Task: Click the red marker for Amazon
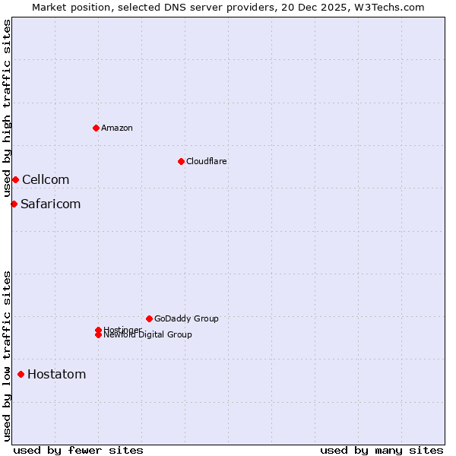click(x=96, y=128)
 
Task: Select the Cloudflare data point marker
click(x=181, y=161)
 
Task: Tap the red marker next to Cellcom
click(x=15, y=179)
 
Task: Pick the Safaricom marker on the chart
click(x=14, y=204)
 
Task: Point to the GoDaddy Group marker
click(x=149, y=318)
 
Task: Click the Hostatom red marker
click(x=21, y=374)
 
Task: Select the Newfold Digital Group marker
click(x=98, y=334)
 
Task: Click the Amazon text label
click(x=117, y=128)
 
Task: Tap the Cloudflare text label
click(x=207, y=161)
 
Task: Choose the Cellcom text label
click(x=46, y=179)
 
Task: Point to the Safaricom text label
click(x=50, y=204)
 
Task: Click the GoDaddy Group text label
click(x=186, y=318)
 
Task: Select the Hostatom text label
click(x=57, y=374)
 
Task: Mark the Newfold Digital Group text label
click(x=148, y=335)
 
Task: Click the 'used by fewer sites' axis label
click(x=78, y=450)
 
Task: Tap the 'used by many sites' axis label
click(x=382, y=450)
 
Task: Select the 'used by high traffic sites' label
click(x=7, y=108)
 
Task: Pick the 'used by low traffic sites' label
click(x=7, y=355)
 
